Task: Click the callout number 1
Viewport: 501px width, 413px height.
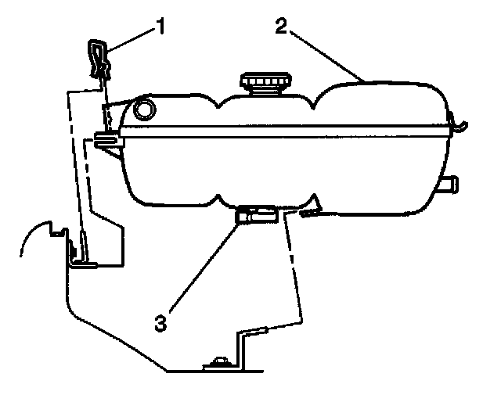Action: [160, 27]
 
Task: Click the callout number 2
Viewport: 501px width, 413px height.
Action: [280, 27]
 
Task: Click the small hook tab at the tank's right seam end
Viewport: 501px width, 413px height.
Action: [460, 122]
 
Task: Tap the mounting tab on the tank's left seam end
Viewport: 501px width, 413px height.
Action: [106, 140]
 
